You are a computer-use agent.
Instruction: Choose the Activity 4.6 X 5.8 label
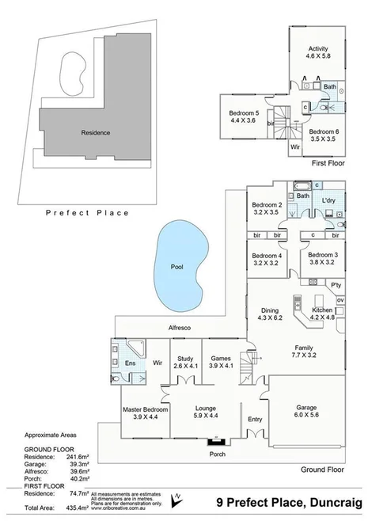tap(317, 53)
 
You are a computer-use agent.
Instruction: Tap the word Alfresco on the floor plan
tap(181, 326)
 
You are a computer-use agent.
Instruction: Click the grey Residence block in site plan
tap(95, 133)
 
